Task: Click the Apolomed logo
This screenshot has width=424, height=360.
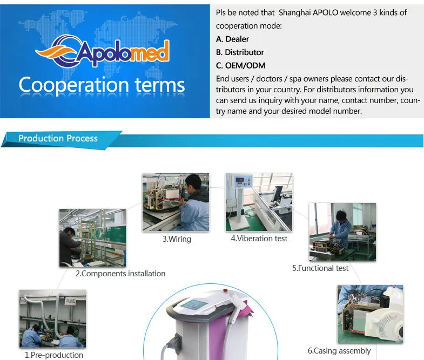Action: coord(103,51)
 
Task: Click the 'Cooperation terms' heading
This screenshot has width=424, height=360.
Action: coord(102,85)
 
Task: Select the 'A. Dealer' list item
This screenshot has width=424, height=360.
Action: coord(232,39)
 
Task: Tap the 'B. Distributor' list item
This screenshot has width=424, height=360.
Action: coord(240,52)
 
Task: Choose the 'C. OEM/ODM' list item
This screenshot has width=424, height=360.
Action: coord(240,65)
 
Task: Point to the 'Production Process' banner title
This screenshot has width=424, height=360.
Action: coord(58,138)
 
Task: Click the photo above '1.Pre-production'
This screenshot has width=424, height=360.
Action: coord(52,319)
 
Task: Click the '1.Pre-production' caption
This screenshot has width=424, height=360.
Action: coord(54,355)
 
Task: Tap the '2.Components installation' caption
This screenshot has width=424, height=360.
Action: coord(120,274)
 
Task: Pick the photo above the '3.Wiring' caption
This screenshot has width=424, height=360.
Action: coord(176,202)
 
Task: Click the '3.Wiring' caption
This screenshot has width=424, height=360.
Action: coord(177,239)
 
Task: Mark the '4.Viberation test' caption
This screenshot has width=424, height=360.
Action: coord(259,238)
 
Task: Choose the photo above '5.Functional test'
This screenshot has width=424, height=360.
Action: coord(342,232)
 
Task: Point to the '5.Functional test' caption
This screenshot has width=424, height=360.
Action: coord(320,268)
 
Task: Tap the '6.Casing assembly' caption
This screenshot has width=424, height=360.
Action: coord(339,351)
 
